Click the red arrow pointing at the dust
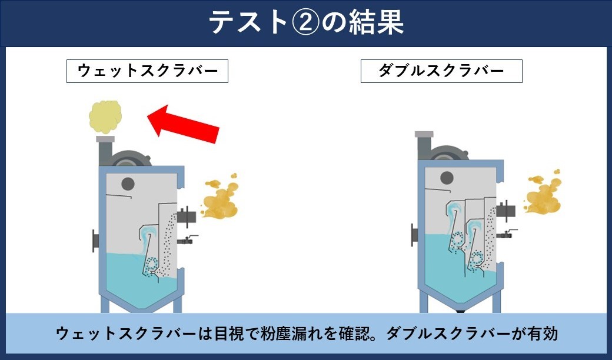pos(183,124)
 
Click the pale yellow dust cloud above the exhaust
pos(105,117)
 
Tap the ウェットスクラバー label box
pos(147,71)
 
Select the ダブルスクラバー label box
pos(441,71)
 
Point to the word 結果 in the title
pos(377,22)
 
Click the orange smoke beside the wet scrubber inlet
pos(219,196)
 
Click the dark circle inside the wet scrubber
pos(128,184)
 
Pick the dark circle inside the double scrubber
pos(447,178)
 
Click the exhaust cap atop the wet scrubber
pos(105,139)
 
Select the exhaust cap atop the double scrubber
pos(424,134)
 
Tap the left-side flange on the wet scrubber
pos(95,241)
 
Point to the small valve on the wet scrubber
pos(187,239)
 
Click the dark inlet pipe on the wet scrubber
pos(187,216)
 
